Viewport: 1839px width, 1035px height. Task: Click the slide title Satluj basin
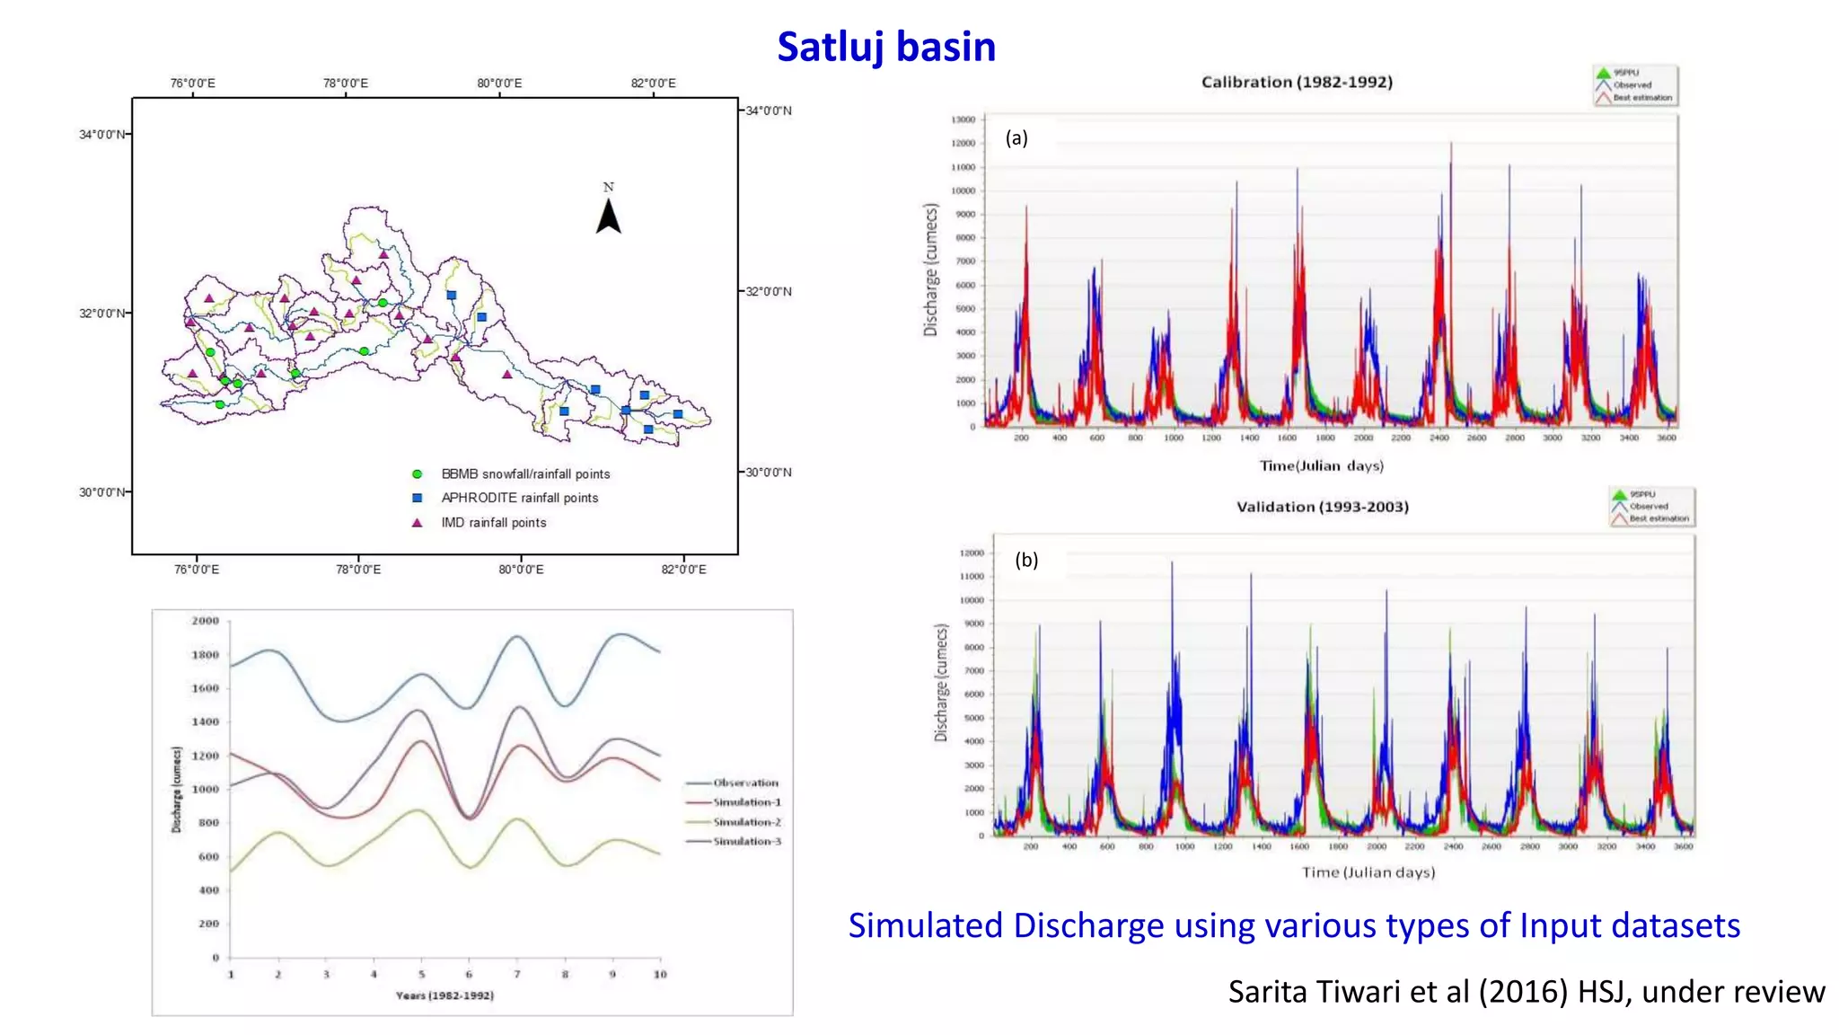point(885,47)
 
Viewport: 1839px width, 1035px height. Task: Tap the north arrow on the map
point(609,216)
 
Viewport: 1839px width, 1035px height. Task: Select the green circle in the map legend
point(417,474)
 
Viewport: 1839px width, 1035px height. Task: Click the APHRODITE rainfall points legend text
point(519,498)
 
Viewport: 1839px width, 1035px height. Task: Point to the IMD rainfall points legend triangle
point(417,523)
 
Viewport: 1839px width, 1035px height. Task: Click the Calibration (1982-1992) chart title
point(1297,82)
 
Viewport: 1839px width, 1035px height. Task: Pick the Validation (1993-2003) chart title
point(1322,507)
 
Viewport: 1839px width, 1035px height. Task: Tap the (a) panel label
point(1016,137)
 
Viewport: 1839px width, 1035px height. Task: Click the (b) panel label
point(1026,560)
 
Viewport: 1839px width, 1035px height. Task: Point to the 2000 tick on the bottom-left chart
point(206,621)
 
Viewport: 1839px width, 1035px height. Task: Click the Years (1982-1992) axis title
point(444,995)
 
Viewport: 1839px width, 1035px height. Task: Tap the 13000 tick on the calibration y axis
point(963,119)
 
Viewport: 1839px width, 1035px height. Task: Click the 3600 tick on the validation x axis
point(1684,846)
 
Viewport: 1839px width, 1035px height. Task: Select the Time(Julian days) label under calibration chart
point(1321,465)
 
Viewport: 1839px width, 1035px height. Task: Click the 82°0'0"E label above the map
point(653,84)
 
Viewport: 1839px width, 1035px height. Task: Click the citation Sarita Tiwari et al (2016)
point(1526,992)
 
